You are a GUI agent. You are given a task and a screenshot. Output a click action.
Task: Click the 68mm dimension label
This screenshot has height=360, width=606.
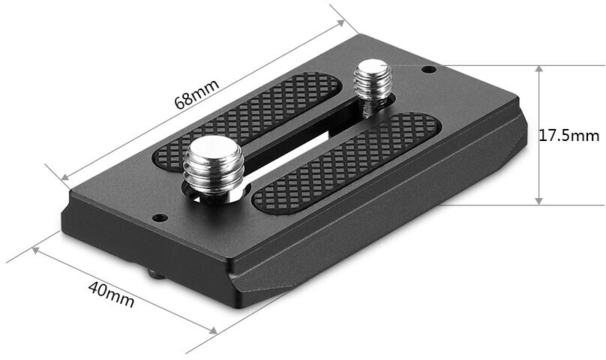coord(197,93)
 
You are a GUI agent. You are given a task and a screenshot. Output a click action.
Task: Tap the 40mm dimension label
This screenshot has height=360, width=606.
coord(111,294)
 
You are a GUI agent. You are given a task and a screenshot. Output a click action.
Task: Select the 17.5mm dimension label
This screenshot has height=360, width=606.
coord(569,136)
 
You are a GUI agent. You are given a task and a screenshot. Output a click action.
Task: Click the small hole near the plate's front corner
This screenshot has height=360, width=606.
coord(160,218)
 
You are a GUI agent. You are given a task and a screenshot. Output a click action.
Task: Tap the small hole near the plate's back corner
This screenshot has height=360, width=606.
coord(428,70)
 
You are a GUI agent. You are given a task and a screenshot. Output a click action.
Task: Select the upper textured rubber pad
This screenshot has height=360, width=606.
coord(247,121)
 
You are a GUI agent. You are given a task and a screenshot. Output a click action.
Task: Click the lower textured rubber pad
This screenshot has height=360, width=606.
coord(346,163)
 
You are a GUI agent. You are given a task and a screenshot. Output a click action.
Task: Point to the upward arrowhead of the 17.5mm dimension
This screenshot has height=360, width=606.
coord(538,69)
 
